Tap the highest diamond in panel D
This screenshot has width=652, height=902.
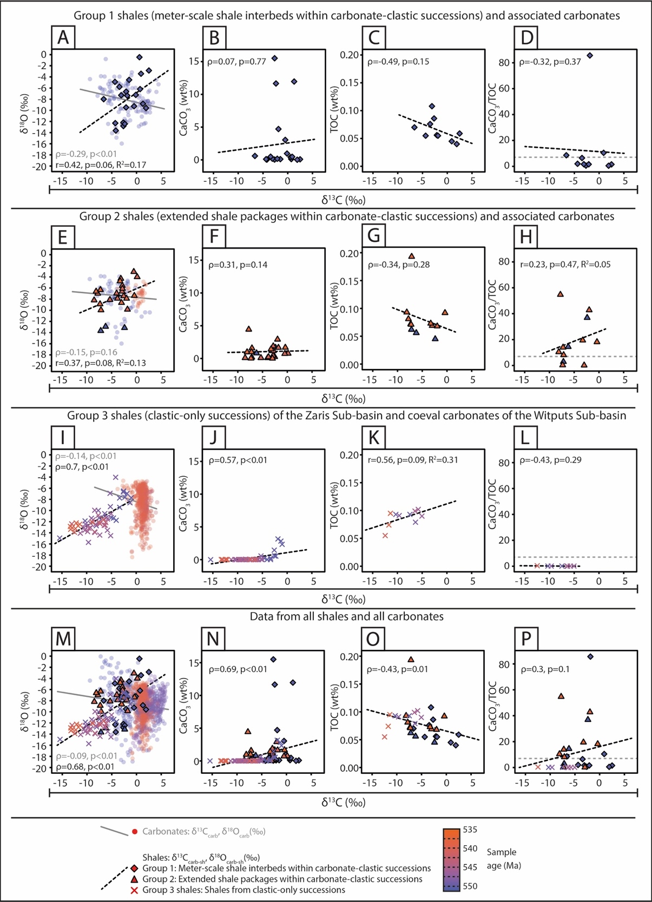pos(590,55)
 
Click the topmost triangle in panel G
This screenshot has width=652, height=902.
pos(411,256)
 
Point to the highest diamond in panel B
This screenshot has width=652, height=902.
pos(274,58)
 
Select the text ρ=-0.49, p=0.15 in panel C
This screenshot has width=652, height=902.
pos(398,62)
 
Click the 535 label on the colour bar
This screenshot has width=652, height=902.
pos(470,829)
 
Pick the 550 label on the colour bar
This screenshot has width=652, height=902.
pos(470,886)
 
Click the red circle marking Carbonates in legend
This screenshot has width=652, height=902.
pos(134,831)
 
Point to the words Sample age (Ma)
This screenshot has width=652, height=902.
pos(503,858)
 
